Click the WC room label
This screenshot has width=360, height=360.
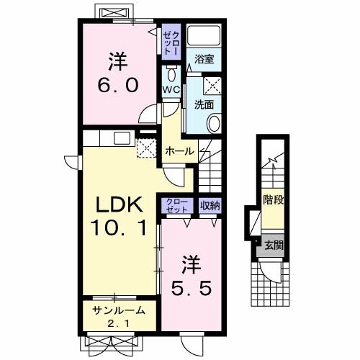171,90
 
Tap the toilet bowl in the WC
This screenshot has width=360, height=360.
171,74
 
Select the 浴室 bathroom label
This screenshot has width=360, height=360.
204,59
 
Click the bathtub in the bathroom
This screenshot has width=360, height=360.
204,35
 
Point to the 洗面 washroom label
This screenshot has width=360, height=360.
204,104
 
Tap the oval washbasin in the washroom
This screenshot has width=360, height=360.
214,124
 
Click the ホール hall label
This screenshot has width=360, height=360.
180,151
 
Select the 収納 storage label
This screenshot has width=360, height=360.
210,205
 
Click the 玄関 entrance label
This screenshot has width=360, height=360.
274,246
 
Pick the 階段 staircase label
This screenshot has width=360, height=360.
274,199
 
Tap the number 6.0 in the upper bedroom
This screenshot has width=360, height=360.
118,85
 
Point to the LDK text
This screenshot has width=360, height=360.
120,204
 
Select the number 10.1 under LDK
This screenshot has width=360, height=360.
119,228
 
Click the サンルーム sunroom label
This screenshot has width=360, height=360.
119,311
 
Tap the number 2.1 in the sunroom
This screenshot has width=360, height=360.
119,324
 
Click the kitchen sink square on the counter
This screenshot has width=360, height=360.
122,138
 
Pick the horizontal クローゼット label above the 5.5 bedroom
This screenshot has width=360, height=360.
178,206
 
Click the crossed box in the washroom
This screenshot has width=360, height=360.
212,86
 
